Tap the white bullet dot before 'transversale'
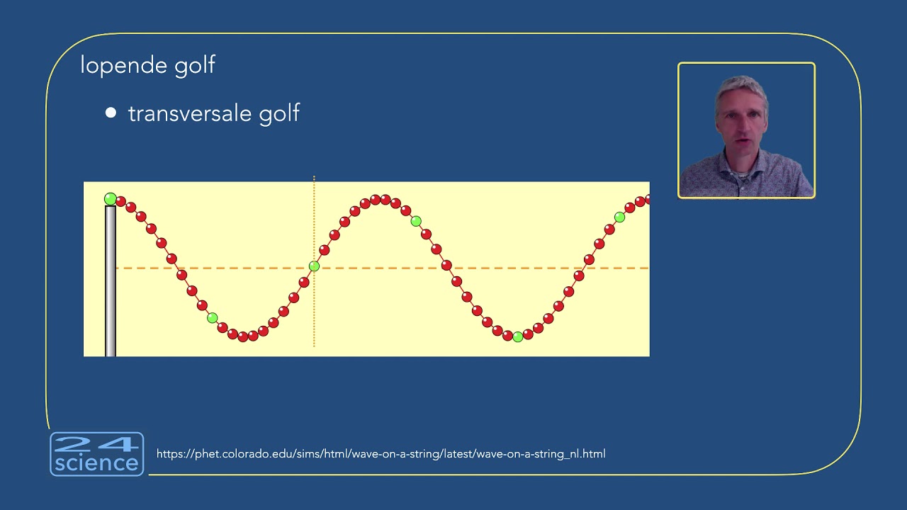(x=111, y=113)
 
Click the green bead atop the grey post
(x=111, y=199)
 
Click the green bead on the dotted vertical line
(x=314, y=266)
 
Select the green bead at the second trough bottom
(x=517, y=337)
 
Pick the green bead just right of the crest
(x=416, y=222)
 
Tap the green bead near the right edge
(x=619, y=217)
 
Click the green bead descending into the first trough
(x=212, y=318)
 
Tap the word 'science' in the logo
(x=97, y=464)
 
